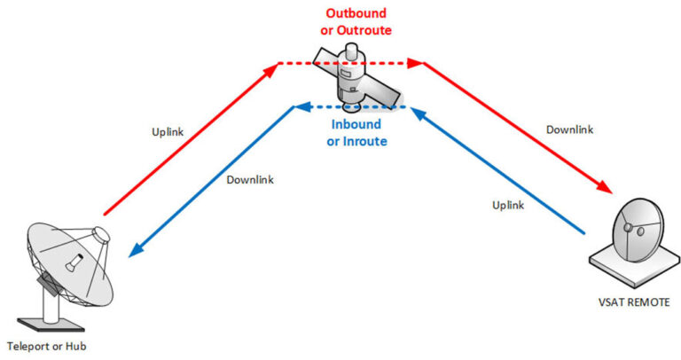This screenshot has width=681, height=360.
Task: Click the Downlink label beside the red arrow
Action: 568,129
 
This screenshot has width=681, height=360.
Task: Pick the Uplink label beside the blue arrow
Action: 510,205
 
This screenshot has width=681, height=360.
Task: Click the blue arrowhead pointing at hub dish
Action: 134,252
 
